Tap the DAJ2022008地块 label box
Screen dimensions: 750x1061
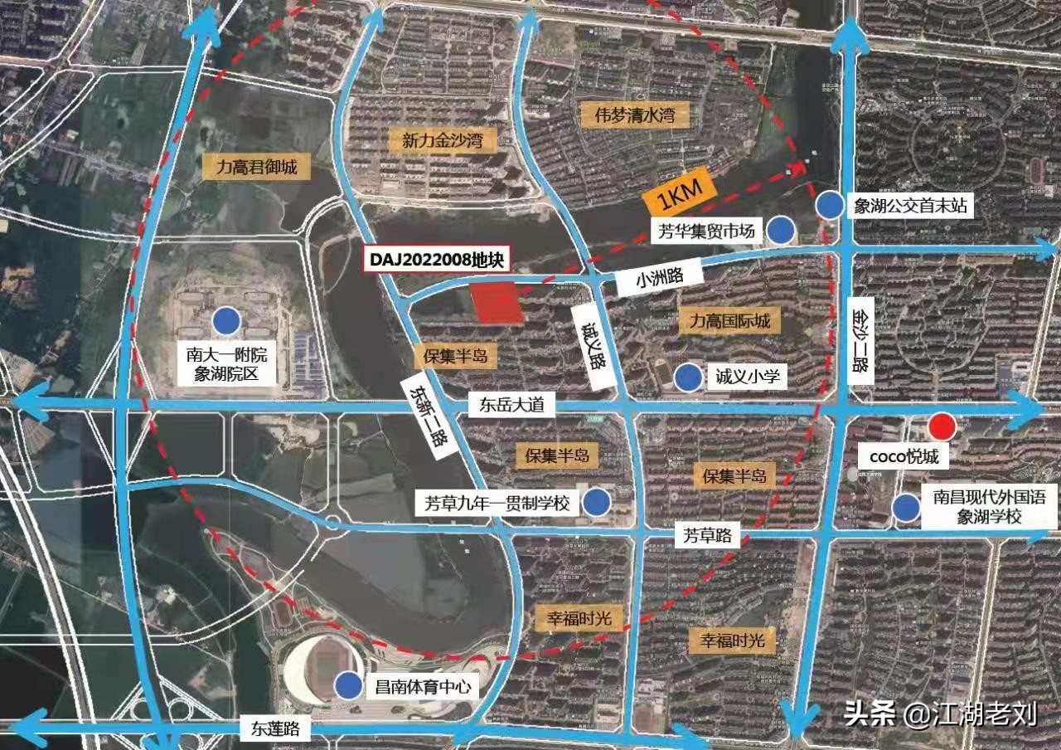[x=437, y=259]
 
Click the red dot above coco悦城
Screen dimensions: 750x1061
[x=942, y=426]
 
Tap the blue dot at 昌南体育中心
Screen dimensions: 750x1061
[x=346, y=684]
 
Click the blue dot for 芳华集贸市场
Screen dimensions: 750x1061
[x=780, y=230]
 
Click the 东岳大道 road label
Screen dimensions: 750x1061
[x=506, y=406]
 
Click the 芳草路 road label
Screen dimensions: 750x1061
[x=706, y=535]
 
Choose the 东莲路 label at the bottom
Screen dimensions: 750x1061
[x=270, y=729]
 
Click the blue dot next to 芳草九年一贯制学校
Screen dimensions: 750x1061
[x=596, y=502]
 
